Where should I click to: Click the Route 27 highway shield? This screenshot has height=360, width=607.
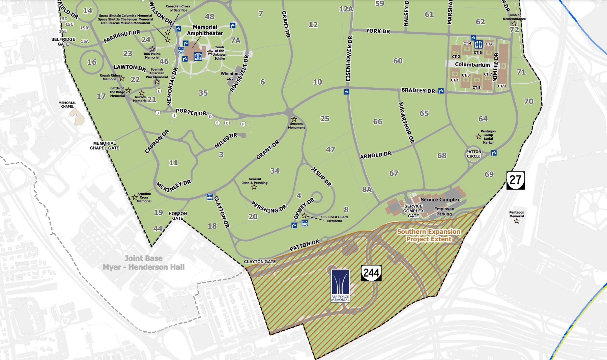(515, 180)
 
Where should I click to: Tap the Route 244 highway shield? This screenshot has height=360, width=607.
(371, 273)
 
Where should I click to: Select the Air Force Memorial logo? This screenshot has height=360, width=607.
(340, 285)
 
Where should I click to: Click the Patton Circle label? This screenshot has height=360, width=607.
(473, 154)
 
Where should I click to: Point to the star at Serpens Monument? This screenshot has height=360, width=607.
(294, 119)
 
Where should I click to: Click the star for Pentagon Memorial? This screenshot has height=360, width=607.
(517, 221)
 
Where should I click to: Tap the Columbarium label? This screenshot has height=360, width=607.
(472, 64)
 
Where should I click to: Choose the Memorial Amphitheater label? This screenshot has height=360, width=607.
(205, 30)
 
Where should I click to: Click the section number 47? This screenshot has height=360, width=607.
(330, 149)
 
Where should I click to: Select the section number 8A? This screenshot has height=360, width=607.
(367, 189)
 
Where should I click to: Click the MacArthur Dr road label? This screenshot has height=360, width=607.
(406, 123)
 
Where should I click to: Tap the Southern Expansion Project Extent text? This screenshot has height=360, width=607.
(429, 235)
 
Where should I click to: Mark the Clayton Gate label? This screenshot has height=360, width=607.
(260, 261)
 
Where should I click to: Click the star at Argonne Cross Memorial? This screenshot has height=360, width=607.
(135, 197)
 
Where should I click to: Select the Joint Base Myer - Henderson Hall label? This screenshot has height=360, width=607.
(144, 263)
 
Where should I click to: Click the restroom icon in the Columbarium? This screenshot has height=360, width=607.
(478, 44)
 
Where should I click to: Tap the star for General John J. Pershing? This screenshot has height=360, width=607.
(254, 187)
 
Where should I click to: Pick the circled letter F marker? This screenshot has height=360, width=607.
(243, 124)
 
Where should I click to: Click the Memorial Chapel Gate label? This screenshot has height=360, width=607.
(105, 145)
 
